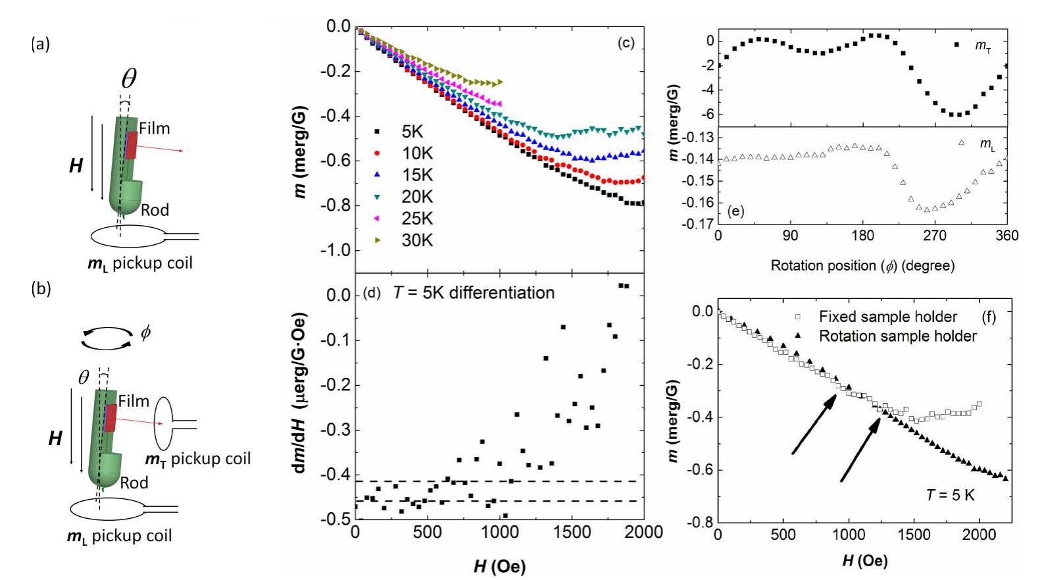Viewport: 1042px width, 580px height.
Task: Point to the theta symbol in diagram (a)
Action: pyautogui.click(x=129, y=79)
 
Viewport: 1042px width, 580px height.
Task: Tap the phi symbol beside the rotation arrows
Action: pyautogui.click(x=145, y=332)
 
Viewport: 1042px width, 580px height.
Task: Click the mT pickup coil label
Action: pyautogui.click(x=198, y=459)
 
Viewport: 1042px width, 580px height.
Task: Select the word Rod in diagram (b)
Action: pyautogui.click(x=134, y=483)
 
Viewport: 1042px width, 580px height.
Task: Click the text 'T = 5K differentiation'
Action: pyautogui.click(x=474, y=292)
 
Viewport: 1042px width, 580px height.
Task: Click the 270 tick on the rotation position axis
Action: pyautogui.click(x=935, y=236)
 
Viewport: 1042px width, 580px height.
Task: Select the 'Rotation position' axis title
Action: pyautogui.click(x=862, y=266)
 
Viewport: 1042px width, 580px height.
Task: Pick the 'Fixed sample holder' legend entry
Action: pyautogui.click(x=887, y=317)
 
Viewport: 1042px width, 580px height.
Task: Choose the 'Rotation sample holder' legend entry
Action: pyautogui.click(x=897, y=336)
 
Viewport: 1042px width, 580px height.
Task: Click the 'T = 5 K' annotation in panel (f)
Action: pyautogui.click(x=950, y=494)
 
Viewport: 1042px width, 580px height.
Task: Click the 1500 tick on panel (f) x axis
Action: pyautogui.click(x=914, y=535)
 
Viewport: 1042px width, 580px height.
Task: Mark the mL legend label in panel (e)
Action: pyautogui.click(x=987, y=144)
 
